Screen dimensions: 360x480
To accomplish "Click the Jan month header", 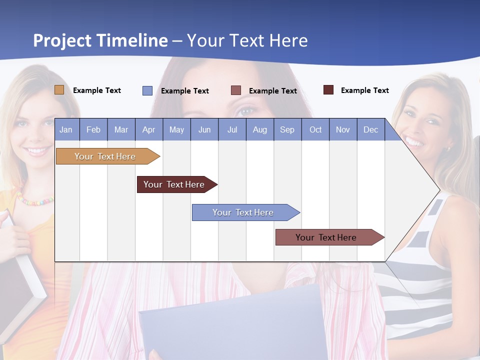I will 66,129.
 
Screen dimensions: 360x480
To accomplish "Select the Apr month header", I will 148,129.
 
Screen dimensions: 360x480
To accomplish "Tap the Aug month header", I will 259,129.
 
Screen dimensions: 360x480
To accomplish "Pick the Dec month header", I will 370,129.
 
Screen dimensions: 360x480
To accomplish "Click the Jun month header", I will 204,129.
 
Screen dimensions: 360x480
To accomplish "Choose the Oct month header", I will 315,129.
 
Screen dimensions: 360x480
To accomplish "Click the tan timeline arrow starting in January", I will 105,156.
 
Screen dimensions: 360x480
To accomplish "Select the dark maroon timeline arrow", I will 174,184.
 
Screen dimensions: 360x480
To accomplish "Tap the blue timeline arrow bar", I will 243,212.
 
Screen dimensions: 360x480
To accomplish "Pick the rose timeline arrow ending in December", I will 326,237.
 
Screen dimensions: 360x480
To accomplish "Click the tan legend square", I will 59,90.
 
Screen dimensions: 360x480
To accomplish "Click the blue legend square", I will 147,90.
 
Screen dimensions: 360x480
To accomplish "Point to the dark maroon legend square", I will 328,90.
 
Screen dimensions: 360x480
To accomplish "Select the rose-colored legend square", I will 235,90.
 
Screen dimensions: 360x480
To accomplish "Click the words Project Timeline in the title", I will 100,40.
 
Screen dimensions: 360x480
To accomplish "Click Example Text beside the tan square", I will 97,90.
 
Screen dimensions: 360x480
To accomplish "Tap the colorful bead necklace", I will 35,201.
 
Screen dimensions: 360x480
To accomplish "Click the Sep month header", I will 287,129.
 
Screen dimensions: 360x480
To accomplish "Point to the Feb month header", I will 93,129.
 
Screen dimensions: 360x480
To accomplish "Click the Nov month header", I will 342,129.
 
